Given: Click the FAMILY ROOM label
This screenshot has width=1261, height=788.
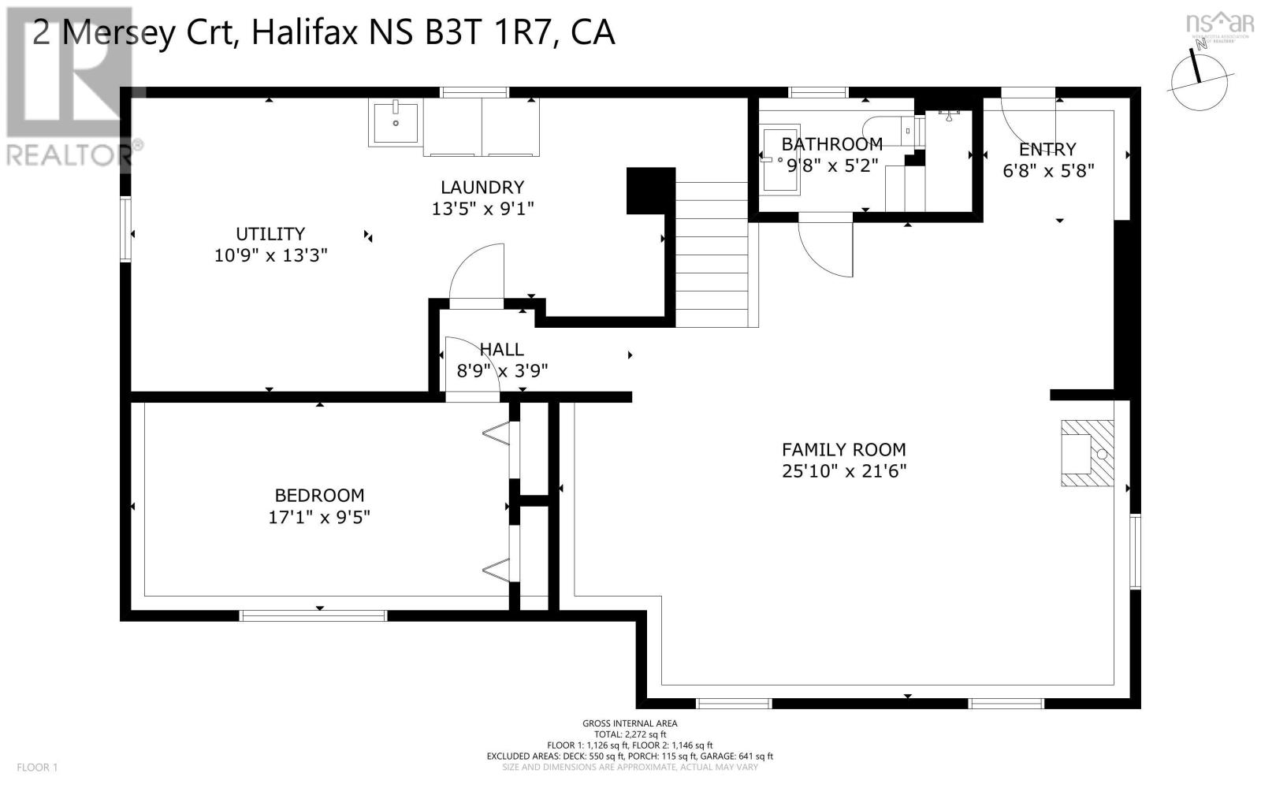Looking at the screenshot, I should [843, 450].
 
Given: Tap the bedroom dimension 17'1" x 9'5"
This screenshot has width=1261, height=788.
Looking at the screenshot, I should [319, 518].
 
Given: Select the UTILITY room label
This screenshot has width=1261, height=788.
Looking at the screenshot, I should [270, 234].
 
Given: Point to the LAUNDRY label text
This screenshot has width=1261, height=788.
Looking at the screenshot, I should [482, 188].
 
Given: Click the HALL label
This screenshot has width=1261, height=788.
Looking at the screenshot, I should [501, 349].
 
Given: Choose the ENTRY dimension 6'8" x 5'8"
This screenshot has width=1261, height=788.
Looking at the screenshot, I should [1047, 171].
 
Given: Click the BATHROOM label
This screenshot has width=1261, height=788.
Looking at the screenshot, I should [831, 144].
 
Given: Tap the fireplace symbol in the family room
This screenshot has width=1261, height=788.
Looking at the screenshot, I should [1087, 453].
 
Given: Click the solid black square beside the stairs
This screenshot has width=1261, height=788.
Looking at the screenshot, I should [650, 190].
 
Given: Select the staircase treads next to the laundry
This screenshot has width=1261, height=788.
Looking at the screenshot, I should [712, 252].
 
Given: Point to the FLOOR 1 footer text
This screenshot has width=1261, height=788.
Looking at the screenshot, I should [37, 768].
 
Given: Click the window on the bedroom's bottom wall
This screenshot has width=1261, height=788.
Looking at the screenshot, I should [313, 615].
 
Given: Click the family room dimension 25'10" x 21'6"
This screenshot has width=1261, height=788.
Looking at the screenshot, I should [843, 471].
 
